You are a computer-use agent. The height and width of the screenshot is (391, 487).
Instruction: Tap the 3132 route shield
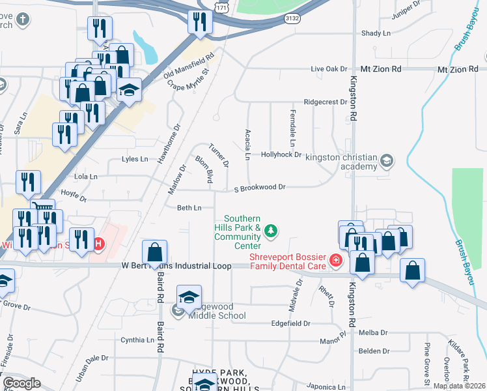point(292,20)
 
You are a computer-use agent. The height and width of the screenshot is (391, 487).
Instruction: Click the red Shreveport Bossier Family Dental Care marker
point(336,261)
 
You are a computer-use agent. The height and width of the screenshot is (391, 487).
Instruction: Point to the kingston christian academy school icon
point(387,160)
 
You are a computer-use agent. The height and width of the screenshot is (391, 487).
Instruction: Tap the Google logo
point(21,383)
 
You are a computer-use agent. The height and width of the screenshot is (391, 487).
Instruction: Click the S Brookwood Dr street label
point(260,188)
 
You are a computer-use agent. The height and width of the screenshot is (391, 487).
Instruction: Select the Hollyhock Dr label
point(281,154)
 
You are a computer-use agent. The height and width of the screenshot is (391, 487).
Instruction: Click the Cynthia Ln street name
point(137,340)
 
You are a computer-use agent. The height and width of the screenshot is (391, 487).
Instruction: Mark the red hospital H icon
point(98,245)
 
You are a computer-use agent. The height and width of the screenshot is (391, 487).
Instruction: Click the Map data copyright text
point(459,386)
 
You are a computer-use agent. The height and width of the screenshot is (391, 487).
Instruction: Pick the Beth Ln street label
point(189,208)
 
